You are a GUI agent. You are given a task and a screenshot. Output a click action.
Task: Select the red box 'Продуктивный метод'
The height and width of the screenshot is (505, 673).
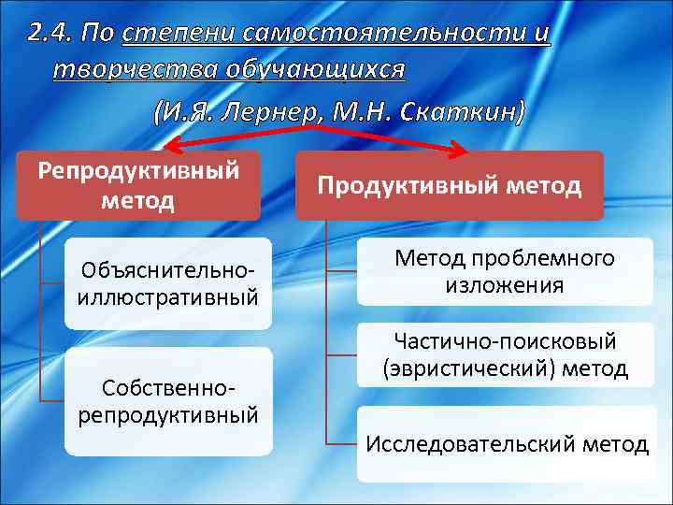coord(449,185)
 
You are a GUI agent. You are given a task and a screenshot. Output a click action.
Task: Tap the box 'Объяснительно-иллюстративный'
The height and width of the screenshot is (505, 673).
coord(168,283)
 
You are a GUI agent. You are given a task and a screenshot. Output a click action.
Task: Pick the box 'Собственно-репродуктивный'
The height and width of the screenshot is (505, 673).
coord(168,400)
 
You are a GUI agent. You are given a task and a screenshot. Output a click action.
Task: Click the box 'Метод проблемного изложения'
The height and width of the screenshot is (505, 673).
coord(505,271)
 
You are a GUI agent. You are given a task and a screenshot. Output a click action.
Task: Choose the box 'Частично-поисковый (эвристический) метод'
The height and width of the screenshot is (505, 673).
coord(505,355)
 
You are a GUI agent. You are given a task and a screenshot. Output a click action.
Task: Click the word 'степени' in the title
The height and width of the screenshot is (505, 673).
coord(177,34)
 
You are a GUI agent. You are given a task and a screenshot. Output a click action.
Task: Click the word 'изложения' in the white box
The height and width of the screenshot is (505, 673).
coord(505,285)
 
